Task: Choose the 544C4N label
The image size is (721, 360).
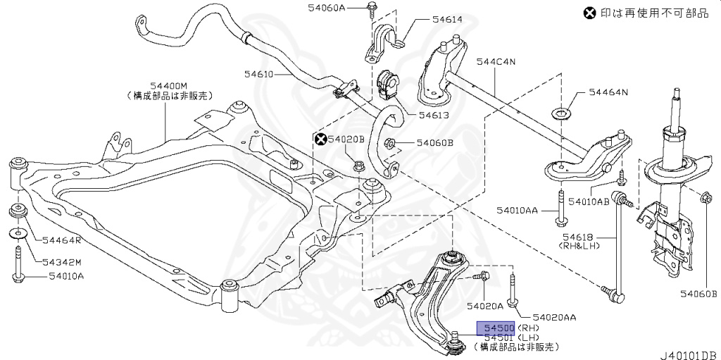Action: (x=496, y=61)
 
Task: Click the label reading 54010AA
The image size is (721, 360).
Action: (x=517, y=210)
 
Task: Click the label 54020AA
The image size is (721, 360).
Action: (x=554, y=317)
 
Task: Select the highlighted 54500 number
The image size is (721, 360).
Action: (x=496, y=328)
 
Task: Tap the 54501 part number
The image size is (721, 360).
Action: (x=496, y=337)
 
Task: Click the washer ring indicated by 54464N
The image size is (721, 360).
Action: (x=560, y=113)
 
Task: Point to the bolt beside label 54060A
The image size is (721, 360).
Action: (x=371, y=8)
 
